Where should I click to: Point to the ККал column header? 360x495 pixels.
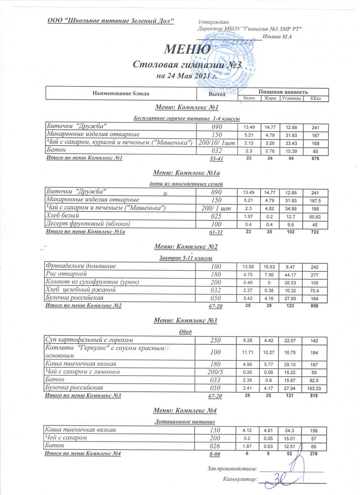(x=316, y=99)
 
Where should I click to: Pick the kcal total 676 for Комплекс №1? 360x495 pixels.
(x=316, y=158)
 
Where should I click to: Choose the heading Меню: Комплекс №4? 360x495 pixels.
(x=185, y=410)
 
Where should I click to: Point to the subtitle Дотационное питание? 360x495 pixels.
(x=185, y=422)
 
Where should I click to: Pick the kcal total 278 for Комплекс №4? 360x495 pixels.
(x=316, y=453)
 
